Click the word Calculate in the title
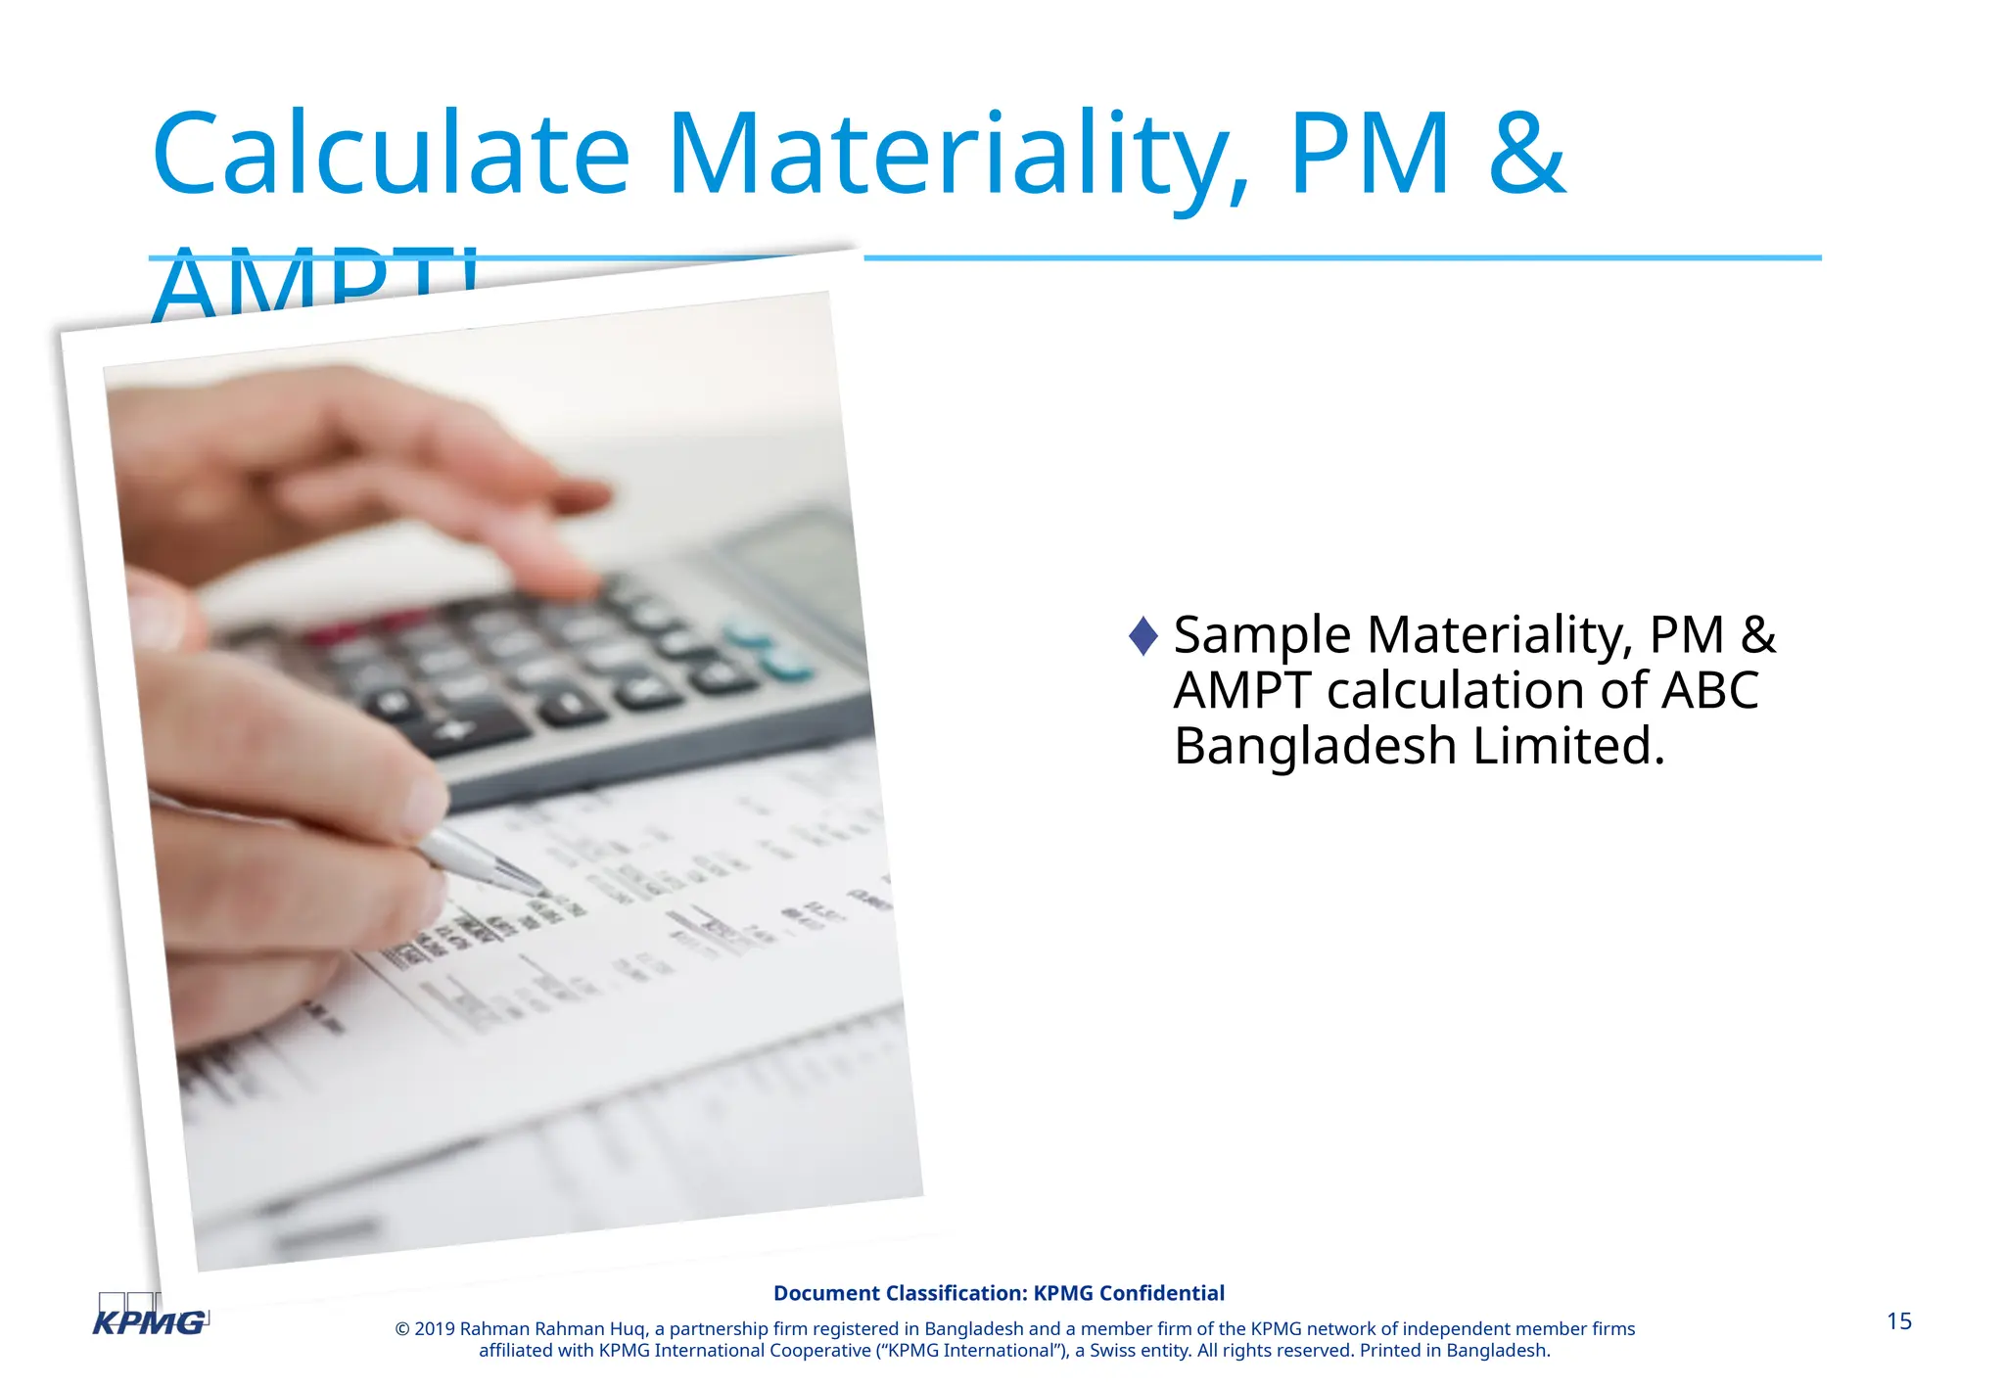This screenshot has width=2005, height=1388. pyautogui.click(x=391, y=155)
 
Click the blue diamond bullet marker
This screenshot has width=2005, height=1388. pyautogui.click(x=1142, y=635)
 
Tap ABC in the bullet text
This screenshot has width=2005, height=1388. pyautogui.click(x=1710, y=690)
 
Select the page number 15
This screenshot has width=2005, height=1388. pyautogui.click(x=1898, y=1321)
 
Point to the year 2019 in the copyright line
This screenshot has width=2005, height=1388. pyautogui.click(x=435, y=1328)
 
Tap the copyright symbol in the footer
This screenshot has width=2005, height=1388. pyautogui.click(x=401, y=1328)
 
